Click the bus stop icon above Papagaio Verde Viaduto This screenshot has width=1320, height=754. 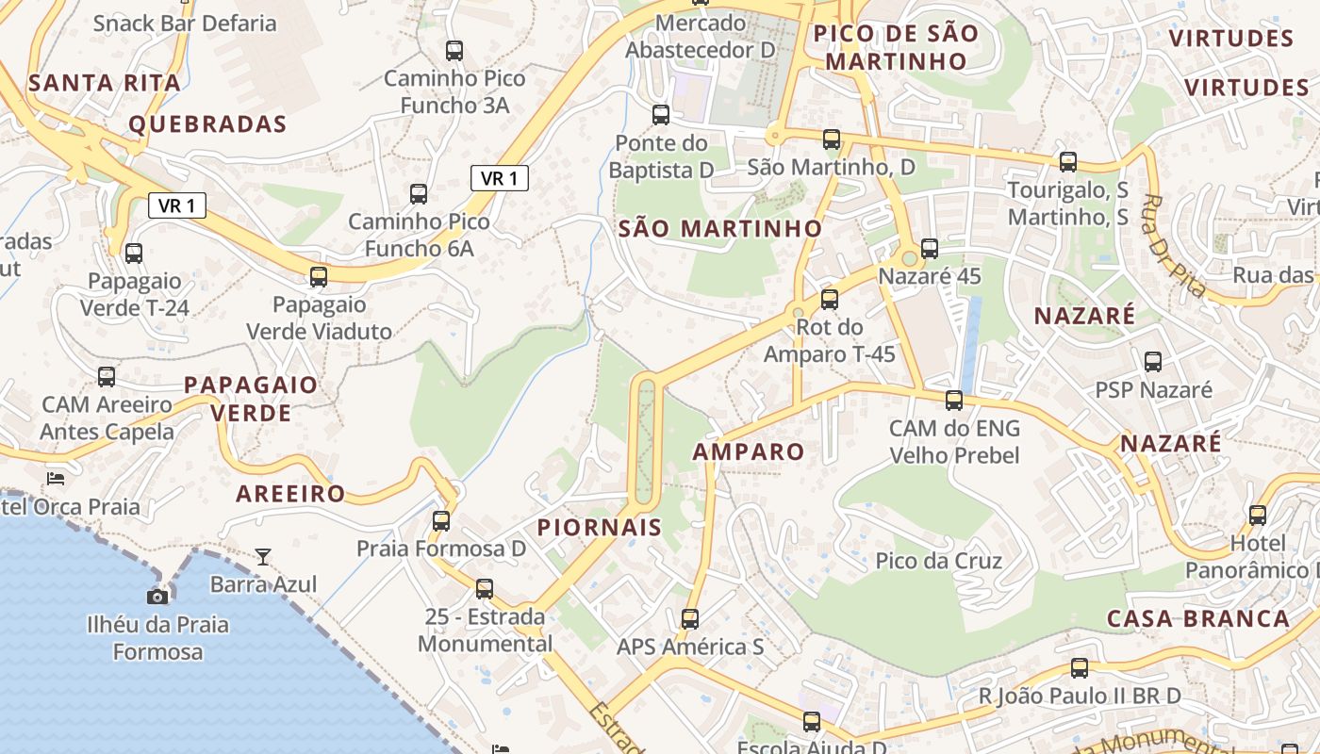click(319, 276)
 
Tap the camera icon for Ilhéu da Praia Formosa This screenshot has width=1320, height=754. click(157, 597)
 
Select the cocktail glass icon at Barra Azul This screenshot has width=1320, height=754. click(263, 557)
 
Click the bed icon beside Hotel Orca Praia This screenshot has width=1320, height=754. click(56, 479)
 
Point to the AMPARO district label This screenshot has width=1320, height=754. click(749, 451)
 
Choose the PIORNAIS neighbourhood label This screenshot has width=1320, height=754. click(600, 527)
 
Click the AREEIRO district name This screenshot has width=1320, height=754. click(290, 494)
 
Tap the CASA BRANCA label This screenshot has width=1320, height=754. click(1197, 618)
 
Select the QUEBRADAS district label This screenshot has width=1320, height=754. click(207, 124)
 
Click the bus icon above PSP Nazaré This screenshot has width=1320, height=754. click(1152, 361)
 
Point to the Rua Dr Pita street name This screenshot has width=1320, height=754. click(1174, 246)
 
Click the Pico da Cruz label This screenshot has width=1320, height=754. click(938, 561)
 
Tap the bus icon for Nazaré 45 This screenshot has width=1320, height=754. click(929, 249)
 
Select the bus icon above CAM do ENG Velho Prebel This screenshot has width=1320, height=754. click(954, 400)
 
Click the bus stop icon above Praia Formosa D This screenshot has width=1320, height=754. click(440, 520)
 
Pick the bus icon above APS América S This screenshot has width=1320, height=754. click(690, 619)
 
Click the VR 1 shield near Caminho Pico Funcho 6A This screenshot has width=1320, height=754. click(499, 178)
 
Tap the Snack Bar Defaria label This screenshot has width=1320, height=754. click(185, 24)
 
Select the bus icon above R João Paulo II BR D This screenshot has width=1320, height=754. click(1079, 668)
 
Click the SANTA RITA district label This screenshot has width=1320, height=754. click(105, 83)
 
